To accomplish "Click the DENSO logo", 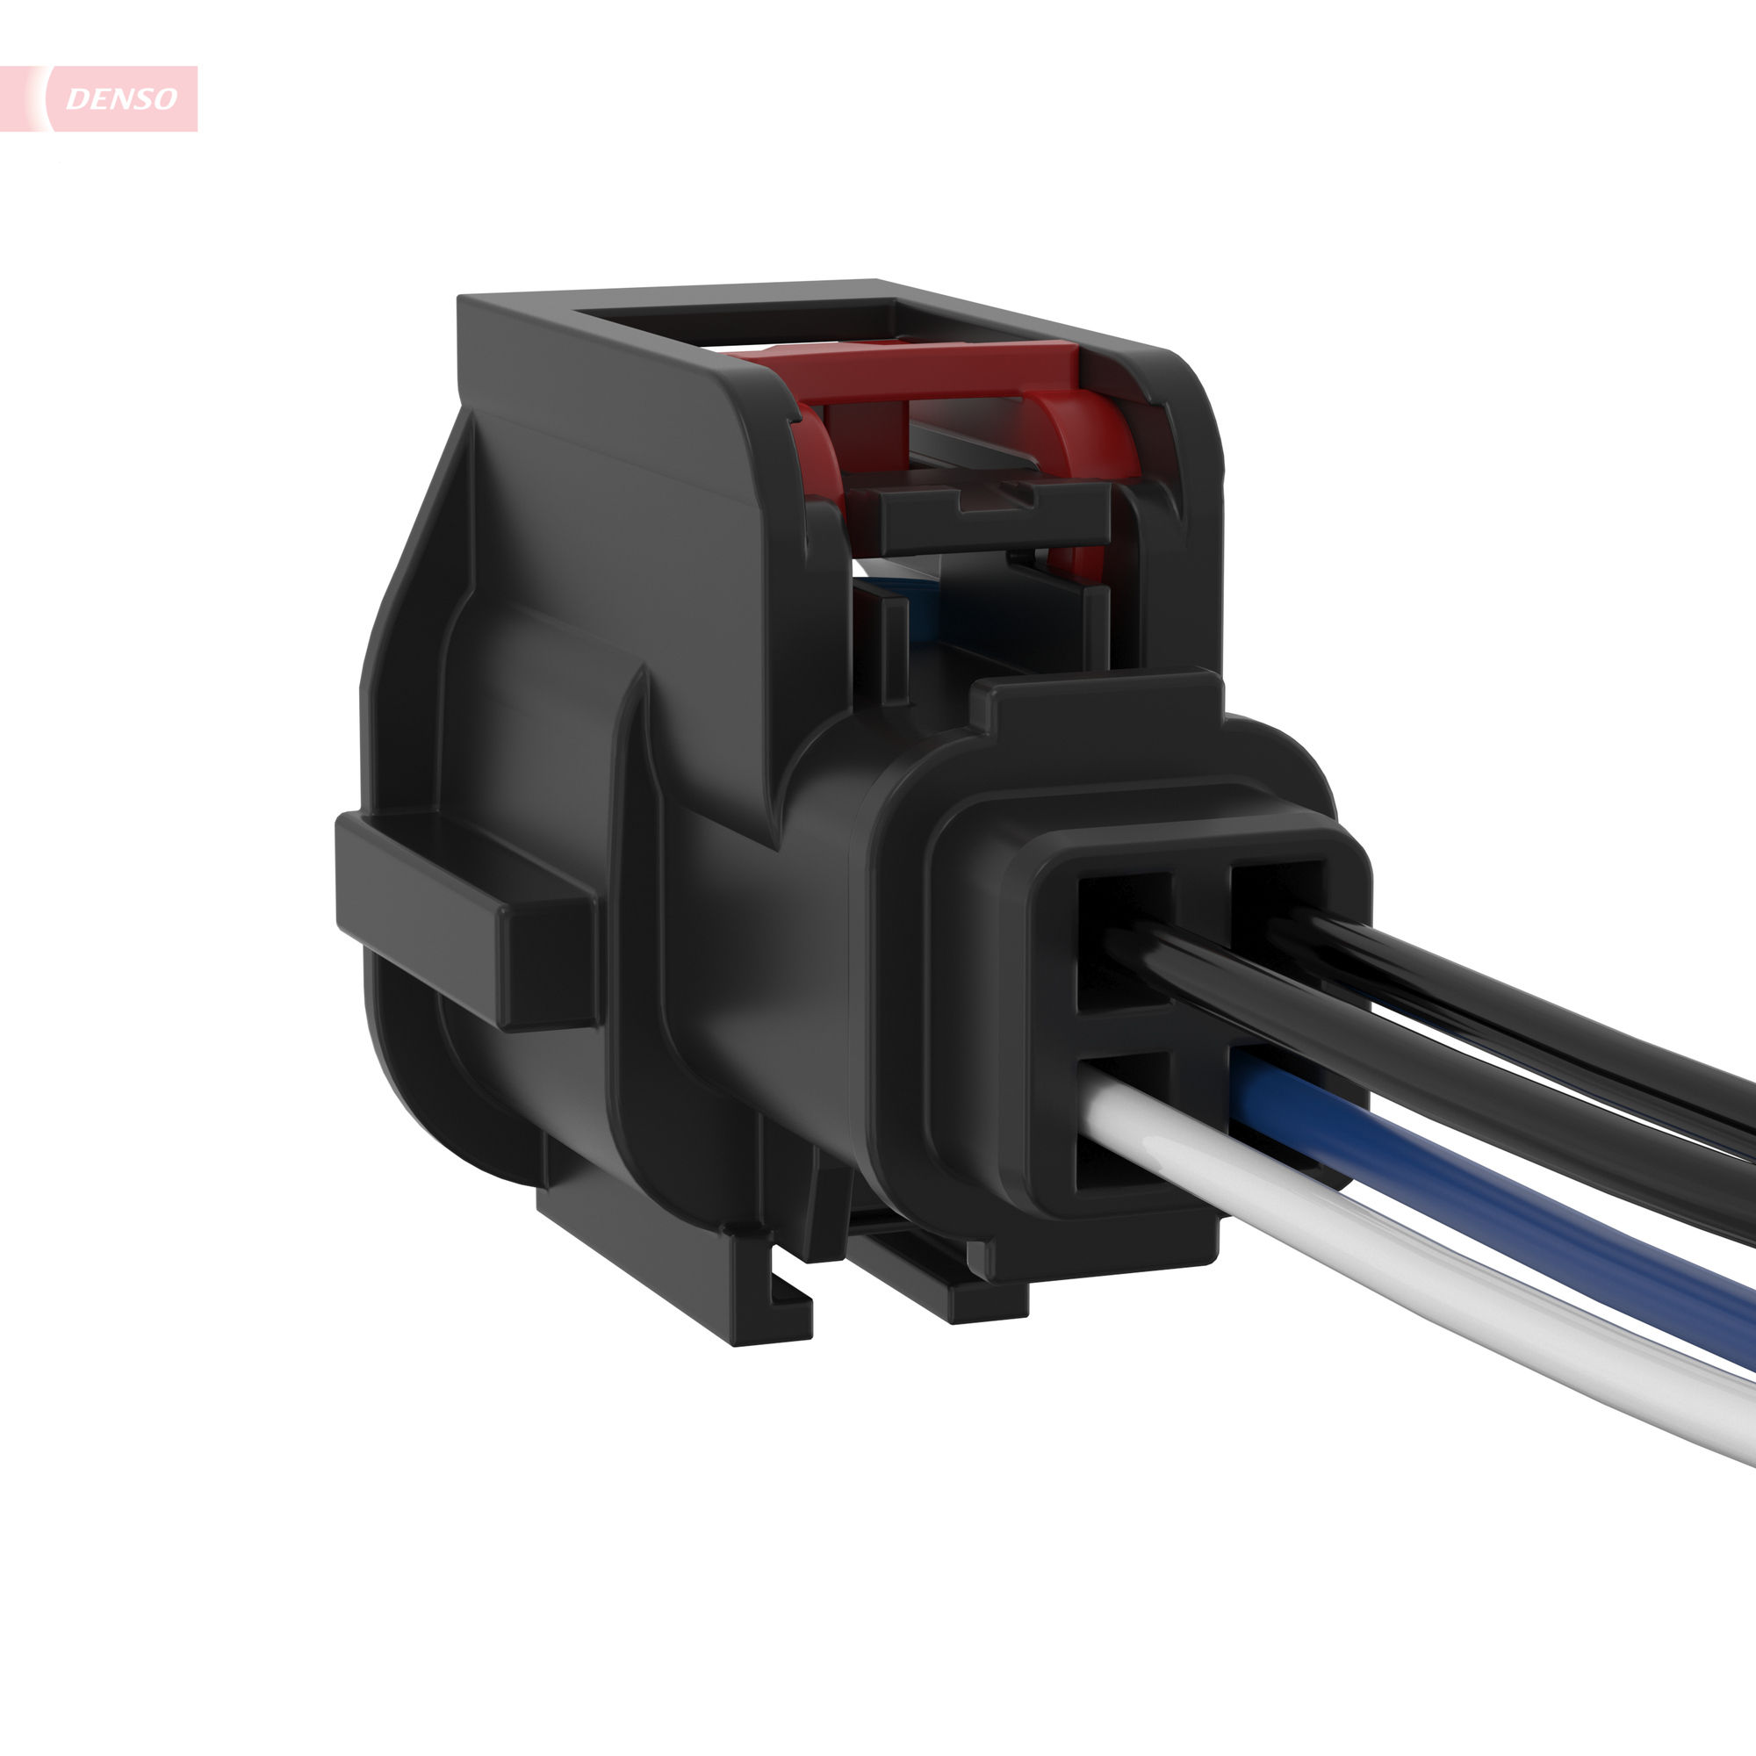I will [x=120, y=98].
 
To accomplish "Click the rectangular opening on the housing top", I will [x=737, y=327].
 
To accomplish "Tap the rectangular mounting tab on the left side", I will [x=464, y=918].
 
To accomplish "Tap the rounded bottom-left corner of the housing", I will [x=428, y=1090].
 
